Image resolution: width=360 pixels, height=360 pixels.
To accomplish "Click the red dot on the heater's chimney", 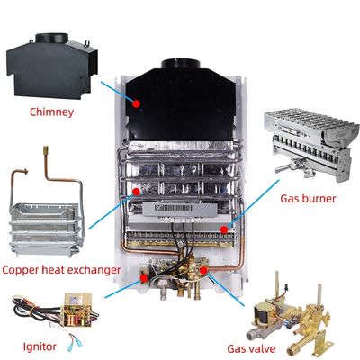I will tap(136, 103).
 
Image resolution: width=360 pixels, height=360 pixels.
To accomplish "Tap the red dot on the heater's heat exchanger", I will tap(135, 191).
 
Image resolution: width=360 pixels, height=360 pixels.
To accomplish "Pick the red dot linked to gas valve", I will tap(205, 268).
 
